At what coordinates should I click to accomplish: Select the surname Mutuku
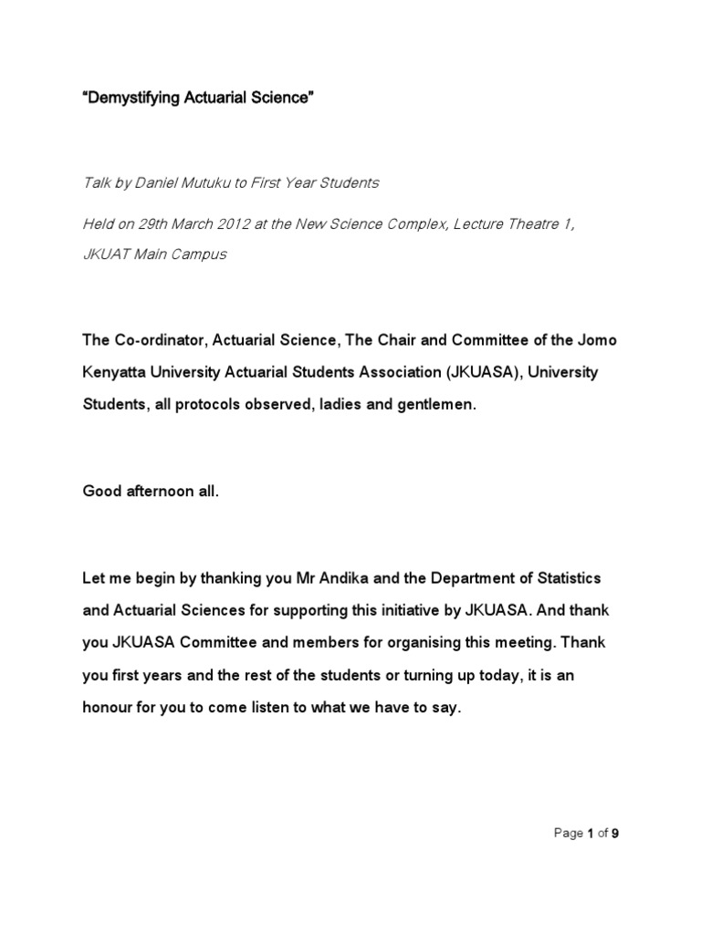click(x=212, y=183)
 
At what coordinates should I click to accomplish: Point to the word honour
click(x=110, y=706)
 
